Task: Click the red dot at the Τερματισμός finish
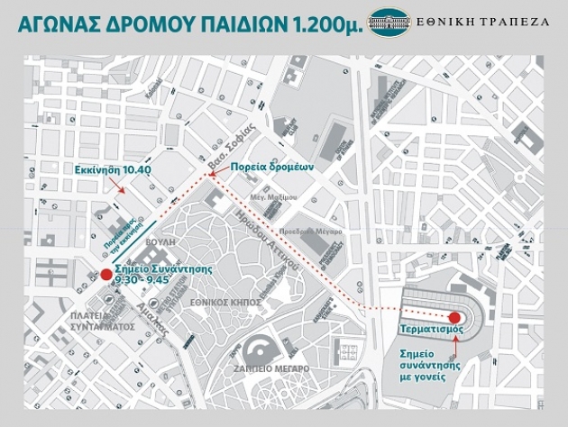[453, 317]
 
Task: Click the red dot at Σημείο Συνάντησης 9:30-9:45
[105, 274]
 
